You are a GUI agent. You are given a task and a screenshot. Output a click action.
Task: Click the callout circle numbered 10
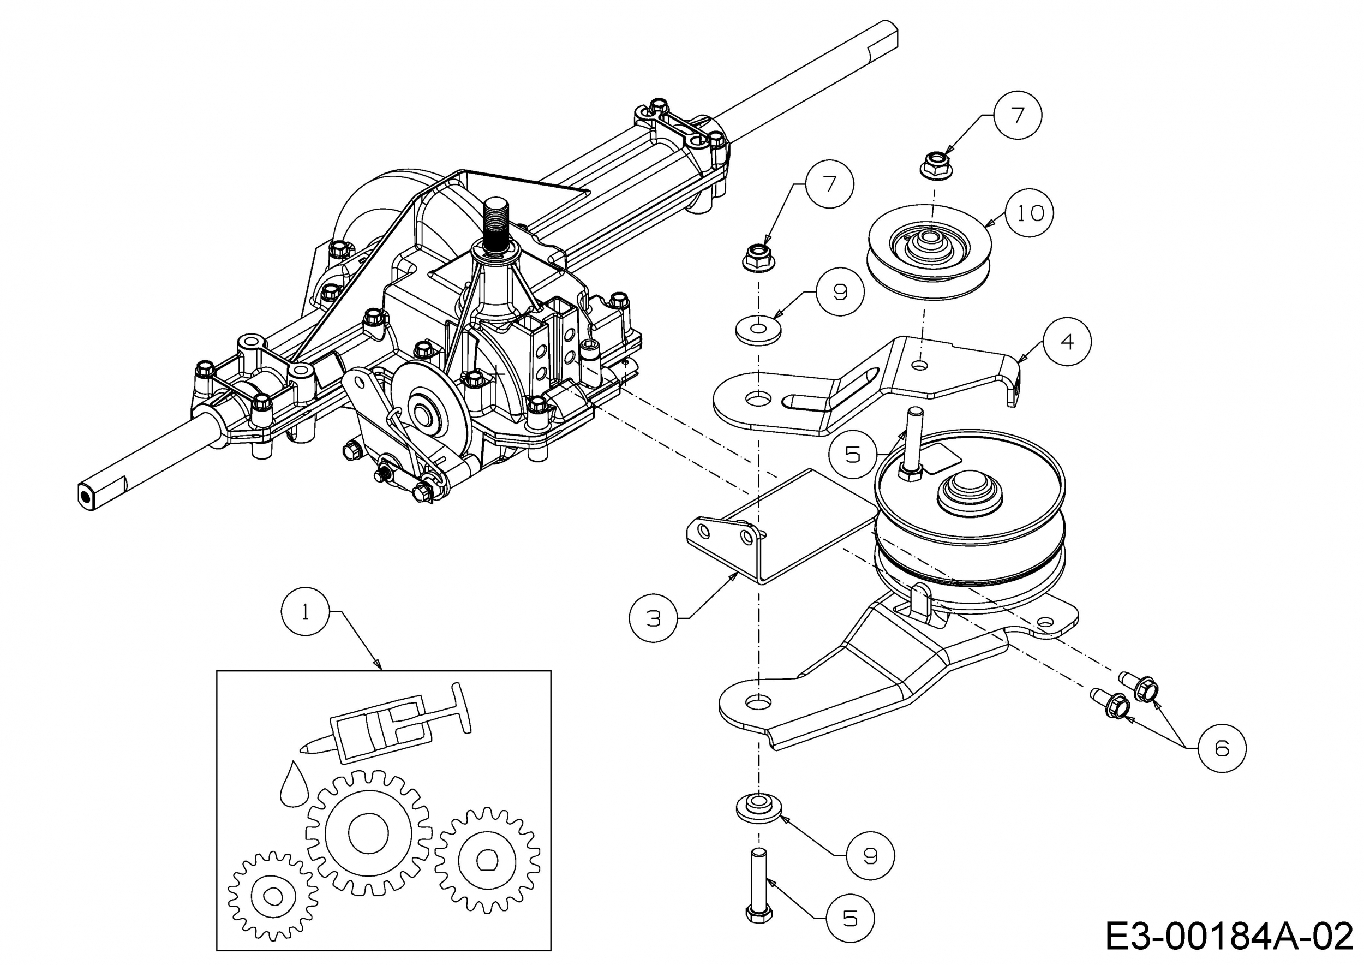pos(1030,213)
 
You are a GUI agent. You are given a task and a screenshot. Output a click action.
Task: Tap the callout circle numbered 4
pos(1067,341)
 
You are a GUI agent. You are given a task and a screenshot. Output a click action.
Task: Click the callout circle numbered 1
pos(305,612)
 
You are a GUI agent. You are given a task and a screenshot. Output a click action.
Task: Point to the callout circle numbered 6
pos(1222,748)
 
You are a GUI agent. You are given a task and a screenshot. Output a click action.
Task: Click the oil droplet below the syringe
pos(294,784)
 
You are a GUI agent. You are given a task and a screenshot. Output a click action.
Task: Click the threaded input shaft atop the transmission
pos(495,225)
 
